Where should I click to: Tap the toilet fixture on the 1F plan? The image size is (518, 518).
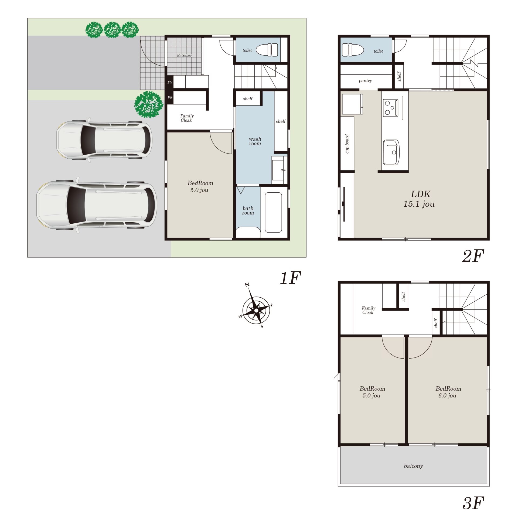click(x=267, y=50)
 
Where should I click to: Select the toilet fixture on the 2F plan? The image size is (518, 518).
click(x=353, y=50)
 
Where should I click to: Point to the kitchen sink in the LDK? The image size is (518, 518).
click(x=391, y=152)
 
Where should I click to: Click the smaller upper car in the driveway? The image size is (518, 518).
click(x=104, y=140)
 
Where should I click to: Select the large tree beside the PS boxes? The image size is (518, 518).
click(x=149, y=104)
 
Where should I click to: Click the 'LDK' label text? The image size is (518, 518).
click(x=420, y=194)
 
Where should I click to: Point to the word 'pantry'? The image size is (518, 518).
click(x=365, y=81)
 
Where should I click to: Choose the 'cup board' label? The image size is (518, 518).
click(x=347, y=144)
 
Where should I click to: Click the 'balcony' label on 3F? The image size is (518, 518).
click(x=413, y=466)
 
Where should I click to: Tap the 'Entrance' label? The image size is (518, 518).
click(x=184, y=55)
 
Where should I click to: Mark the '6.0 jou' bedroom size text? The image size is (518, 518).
click(x=447, y=396)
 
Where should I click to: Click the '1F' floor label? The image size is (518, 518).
click(x=290, y=278)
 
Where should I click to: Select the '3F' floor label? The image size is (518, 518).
click(x=473, y=503)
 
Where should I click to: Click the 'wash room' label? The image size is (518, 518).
click(x=255, y=141)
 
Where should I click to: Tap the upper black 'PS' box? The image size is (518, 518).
click(x=169, y=82)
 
